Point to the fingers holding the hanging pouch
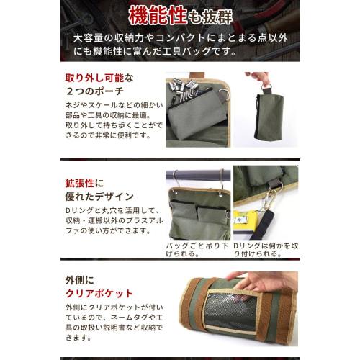[258, 78]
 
